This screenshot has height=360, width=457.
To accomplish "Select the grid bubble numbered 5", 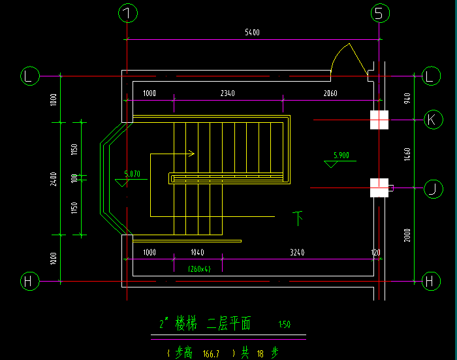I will (380, 13).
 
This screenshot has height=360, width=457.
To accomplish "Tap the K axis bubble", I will (431, 120).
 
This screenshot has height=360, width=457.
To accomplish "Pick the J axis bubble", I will (431, 189).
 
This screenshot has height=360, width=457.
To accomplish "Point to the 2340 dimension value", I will (227, 93).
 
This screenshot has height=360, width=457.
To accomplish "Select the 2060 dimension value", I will (330, 93).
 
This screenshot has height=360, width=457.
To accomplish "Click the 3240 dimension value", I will (297, 252).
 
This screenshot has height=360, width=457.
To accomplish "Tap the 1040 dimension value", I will (197, 252).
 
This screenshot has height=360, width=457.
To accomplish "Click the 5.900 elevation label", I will (341, 155).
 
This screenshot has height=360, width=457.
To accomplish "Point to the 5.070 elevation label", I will (132, 174).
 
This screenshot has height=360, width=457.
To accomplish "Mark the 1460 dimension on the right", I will (407, 154).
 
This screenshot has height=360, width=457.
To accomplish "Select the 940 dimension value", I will (407, 99).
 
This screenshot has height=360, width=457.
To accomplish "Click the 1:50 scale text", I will (284, 325).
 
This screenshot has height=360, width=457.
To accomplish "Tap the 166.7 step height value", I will (211, 353).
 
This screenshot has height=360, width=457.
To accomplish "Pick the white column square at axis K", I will (379, 120).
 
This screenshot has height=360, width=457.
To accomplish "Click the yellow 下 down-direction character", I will (298, 217).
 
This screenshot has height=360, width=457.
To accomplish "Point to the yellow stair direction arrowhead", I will (191, 154).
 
